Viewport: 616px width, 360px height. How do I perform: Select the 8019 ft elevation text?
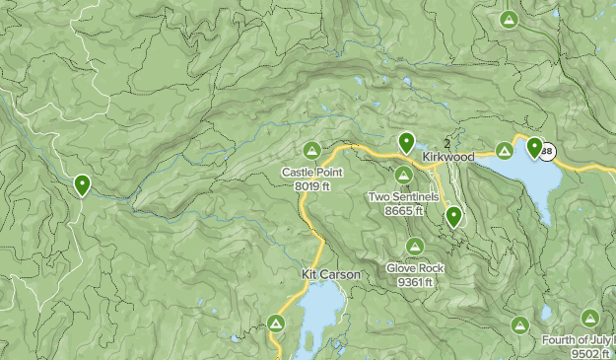pos(311,185)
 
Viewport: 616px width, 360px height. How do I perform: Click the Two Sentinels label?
pos(403,196)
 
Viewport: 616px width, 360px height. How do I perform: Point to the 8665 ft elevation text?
pos(403,210)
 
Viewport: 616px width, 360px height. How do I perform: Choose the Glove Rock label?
pos(415,268)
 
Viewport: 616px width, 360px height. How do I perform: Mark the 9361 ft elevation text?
pos(415,281)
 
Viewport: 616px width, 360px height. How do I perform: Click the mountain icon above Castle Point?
pos(311,151)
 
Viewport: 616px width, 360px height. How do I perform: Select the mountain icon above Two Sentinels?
pos(404,176)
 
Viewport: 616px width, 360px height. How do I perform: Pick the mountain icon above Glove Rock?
pos(415,247)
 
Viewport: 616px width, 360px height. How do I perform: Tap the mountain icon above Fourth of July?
pos(589,318)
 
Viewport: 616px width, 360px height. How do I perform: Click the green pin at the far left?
pos(83,183)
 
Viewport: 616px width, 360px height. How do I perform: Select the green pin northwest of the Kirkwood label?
pos(406,142)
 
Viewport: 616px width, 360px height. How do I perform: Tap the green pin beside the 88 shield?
pos(534,148)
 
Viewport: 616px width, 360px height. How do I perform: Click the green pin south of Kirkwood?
pos(453,215)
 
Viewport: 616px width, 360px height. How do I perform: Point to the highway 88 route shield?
pos(548,151)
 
